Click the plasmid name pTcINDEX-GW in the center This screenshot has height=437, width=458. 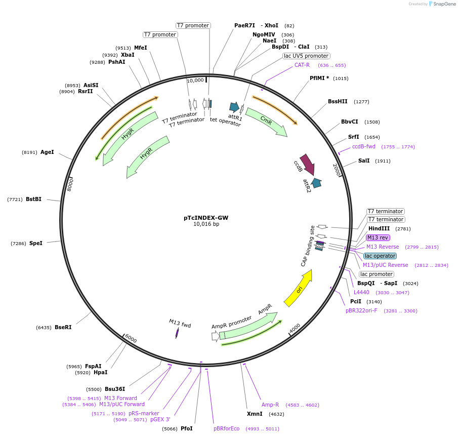click(x=205, y=218)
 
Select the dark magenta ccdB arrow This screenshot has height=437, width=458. click(x=307, y=165)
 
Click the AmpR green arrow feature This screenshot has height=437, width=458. click(x=248, y=326)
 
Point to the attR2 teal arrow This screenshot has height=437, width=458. click(x=316, y=183)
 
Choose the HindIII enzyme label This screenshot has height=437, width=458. click(x=379, y=228)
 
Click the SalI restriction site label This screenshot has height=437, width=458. click(x=363, y=161)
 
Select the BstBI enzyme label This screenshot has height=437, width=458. click(x=33, y=199)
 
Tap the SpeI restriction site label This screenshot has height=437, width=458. click(x=35, y=243)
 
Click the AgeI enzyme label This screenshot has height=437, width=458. click(x=47, y=152)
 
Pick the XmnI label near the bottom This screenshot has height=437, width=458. click(x=255, y=414)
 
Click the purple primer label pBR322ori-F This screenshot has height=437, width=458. click(x=361, y=310)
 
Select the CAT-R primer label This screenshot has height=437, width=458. click(x=302, y=65)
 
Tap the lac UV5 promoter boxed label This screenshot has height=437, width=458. click(x=306, y=56)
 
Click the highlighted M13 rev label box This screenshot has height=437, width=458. click(x=378, y=237)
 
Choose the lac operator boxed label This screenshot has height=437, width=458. click(x=380, y=256)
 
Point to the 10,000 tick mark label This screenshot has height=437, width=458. click(x=195, y=80)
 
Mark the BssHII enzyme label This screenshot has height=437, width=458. click(x=338, y=101)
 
